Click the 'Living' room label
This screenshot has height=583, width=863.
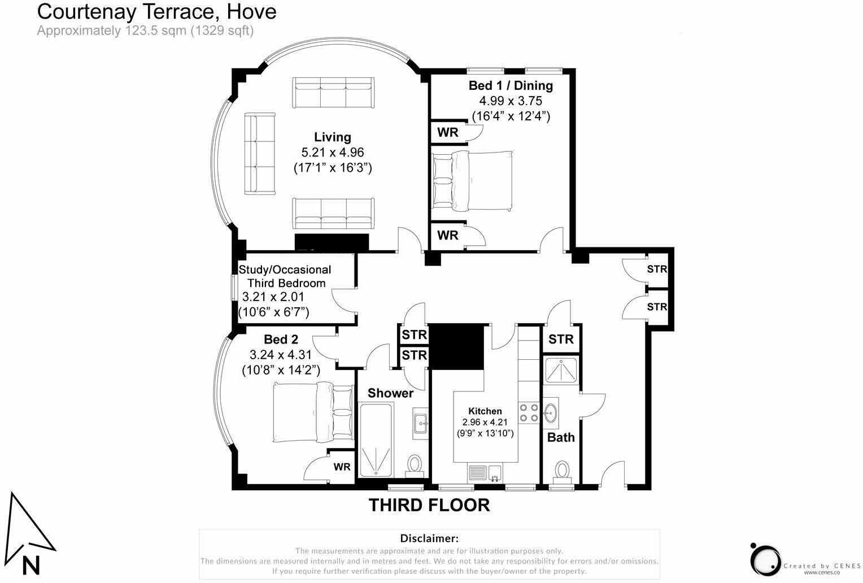click(332, 137)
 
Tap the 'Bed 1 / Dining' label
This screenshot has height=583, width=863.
click(511, 86)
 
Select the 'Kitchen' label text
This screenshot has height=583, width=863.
click(485, 411)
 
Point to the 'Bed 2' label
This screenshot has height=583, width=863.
click(281, 340)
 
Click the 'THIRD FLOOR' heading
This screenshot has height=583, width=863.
click(429, 505)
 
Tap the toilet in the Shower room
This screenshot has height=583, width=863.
click(416, 465)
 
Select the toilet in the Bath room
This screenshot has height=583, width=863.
click(561, 469)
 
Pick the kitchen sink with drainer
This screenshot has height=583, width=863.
click(485, 473)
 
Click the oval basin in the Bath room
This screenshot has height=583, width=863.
click(551, 413)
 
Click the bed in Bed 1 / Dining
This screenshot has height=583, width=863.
click(472, 180)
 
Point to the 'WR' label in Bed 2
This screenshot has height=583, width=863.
click(342, 467)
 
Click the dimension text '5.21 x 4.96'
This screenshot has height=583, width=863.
click(332, 152)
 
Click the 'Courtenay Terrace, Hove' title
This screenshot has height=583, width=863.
click(156, 11)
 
